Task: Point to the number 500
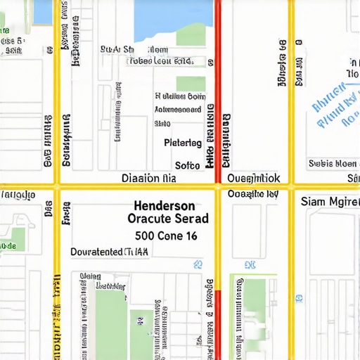(x=145, y=236)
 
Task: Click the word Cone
(x=171, y=236)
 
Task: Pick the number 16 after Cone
(x=193, y=236)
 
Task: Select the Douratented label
(x=96, y=251)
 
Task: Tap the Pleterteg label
(x=183, y=143)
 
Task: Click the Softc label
(x=187, y=166)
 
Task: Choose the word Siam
(x=312, y=202)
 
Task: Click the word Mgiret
(x=342, y=202)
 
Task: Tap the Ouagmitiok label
(x=254, y=178)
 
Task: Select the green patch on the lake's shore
(x=191, y=37)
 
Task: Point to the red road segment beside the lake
(x=218, y=42)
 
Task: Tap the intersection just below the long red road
(x=218, y=187)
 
